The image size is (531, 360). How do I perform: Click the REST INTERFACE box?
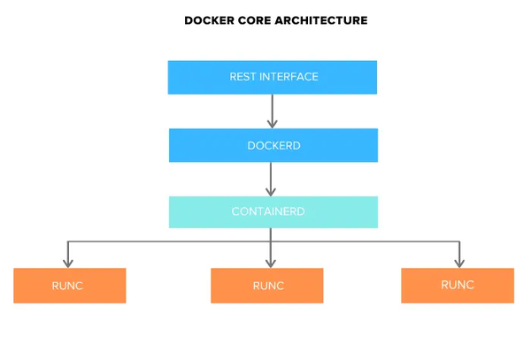pyautogui.click(x=273, y=77)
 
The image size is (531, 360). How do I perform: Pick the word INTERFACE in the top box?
pyautogui.click(x=289, y=77)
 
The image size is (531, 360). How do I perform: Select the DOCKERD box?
pyautogui.click(x=273, y=145)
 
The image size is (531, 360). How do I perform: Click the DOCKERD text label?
pyautogui.click(x=273, y=145)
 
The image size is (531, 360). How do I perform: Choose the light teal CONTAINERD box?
pyautogui.click(x=273, y=212)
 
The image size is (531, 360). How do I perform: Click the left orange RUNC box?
pyautogui.click(x=69, y=286)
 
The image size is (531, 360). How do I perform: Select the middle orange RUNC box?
pyautogui.click(x=266, y=286)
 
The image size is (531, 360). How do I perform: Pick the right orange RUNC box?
pyautogui.click(x=457, y=286)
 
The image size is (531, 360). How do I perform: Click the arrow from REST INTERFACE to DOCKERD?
pyautogui.click(x=272, y=111)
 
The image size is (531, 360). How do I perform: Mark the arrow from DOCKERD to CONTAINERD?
pyautogui.click(x=272, y=179)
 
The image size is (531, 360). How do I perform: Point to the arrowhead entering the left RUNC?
pyautogui.click(x=67, y=262)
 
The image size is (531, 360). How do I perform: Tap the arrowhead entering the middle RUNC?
pyautogui.click(x=271, y=262)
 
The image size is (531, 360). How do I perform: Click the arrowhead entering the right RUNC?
pyautogui.click(x=458, y=262)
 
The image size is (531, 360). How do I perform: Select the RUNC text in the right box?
pyautogui.click(x=457, y=285)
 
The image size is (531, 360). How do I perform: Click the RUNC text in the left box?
pyautogui.click(x=67, y=286)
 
